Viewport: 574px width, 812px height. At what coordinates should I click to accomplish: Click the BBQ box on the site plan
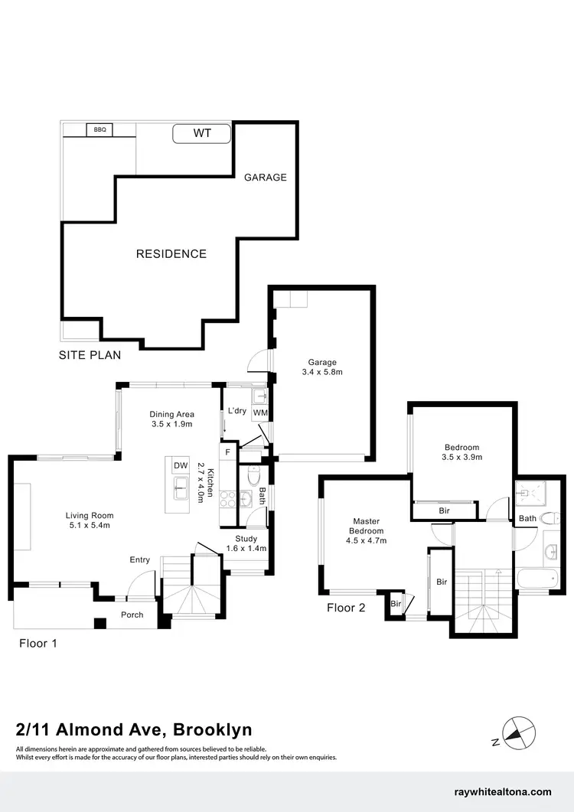[99, 130]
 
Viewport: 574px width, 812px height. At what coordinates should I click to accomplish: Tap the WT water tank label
[201, 133]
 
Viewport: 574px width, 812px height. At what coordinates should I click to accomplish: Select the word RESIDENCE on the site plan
[171, 254]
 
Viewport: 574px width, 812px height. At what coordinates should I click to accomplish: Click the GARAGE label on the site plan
[266, 178]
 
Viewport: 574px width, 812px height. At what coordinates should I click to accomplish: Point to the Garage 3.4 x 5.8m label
[322, 367]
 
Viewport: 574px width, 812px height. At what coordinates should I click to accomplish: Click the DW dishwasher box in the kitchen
[181, 465]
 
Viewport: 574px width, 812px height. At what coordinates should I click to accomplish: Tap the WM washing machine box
[259, 413]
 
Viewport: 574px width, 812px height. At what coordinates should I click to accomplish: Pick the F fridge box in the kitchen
[228, 453]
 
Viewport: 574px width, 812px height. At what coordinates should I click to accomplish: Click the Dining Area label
[171, 419]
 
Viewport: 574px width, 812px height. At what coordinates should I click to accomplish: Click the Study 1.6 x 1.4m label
[246, 543]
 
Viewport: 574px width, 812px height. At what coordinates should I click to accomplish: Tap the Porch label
[132, 615]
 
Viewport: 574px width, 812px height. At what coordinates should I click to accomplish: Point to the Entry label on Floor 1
[140, 560]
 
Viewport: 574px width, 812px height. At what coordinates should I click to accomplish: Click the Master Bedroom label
[367, 530]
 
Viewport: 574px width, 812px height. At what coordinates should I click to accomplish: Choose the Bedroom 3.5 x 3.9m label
[461, 452]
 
